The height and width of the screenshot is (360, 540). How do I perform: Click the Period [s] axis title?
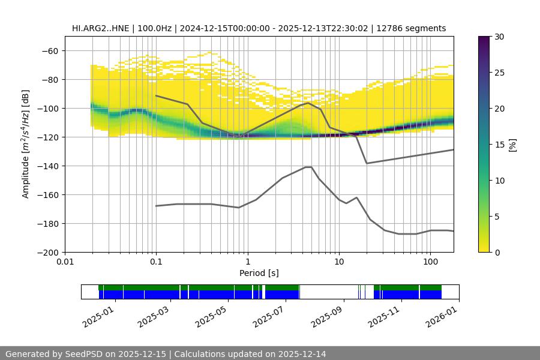(x=259, y=273)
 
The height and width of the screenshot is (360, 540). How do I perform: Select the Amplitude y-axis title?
(x=25, y=144)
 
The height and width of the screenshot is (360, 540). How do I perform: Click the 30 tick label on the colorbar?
(x=499, y=37)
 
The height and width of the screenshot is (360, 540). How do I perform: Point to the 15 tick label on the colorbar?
(x=499, y=145)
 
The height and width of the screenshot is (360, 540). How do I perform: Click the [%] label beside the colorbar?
(x=513, y=144)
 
